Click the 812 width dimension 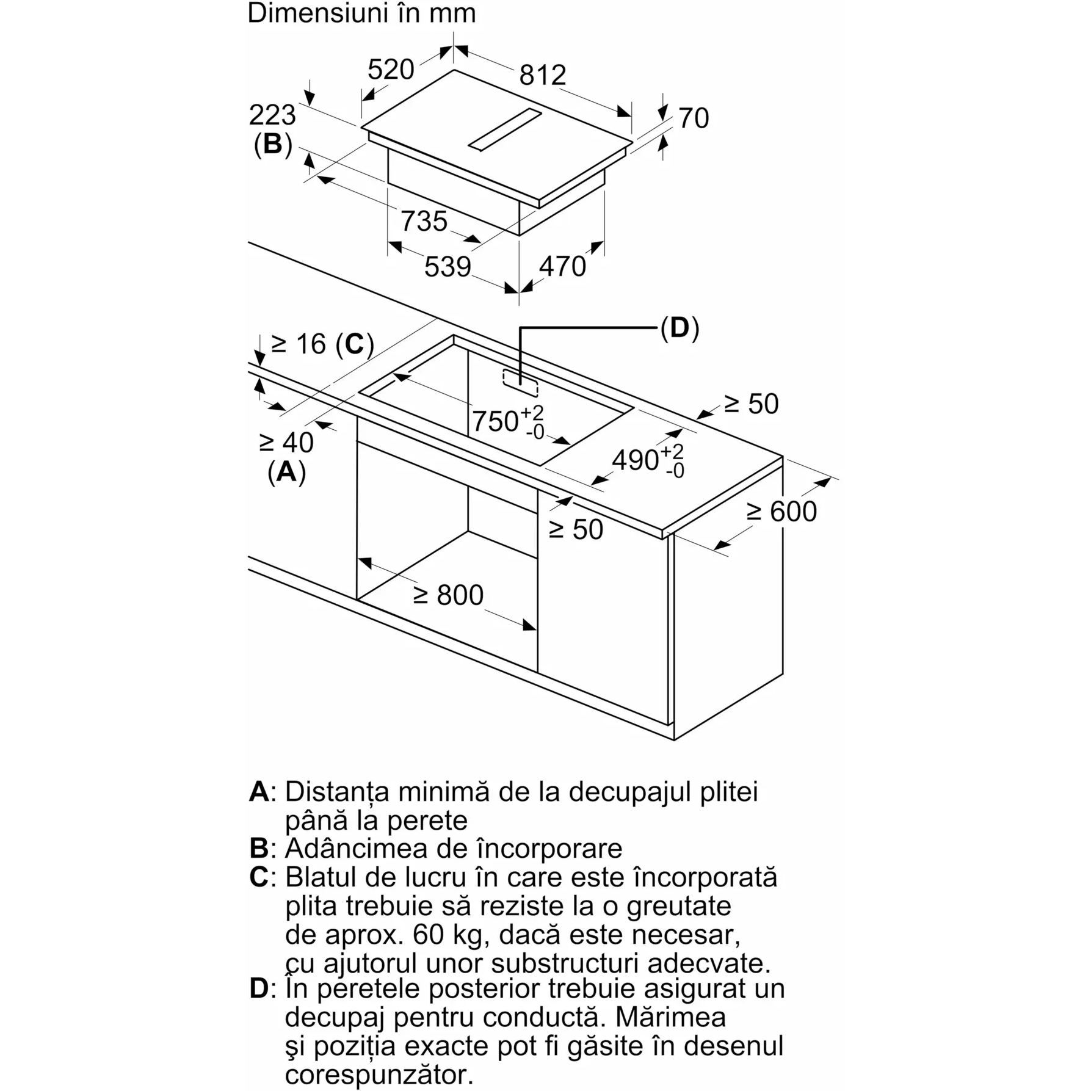tap(543, 74)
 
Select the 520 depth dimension tap(391, 70)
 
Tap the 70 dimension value tap(694, 118)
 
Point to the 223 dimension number tap(272, 115)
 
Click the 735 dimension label tap(424, 220)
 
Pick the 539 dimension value tap(448, 267)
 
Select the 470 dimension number tap(562, 266)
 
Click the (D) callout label tap(679, 328)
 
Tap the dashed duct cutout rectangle tap(520, 383)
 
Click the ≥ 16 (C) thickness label tap(322, 344)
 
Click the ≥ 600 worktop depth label tap(782, 512)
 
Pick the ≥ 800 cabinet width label tap(449, 595)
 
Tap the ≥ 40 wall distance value tap(286, 442)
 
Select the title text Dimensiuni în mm tap(361, 13)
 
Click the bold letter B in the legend tap(259, 848)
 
